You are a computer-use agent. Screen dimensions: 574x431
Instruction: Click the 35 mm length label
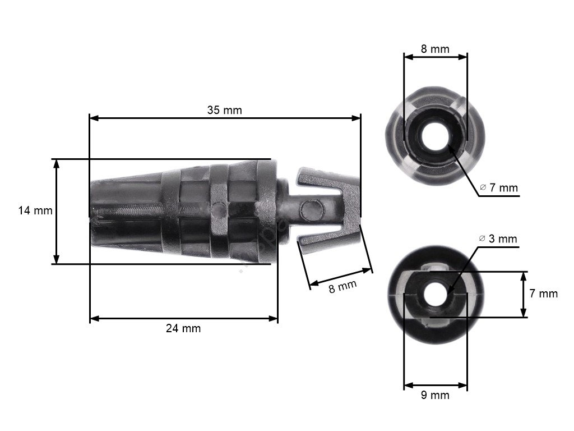click(x=224, y=110)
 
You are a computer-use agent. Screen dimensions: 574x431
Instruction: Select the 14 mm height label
click(x=35, y=210)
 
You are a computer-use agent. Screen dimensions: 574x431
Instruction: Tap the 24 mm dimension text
click(x=183, y=328)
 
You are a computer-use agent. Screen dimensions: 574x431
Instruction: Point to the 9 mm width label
click(x=435, y=395)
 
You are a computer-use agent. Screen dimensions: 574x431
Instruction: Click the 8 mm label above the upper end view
click(x=435, y=49)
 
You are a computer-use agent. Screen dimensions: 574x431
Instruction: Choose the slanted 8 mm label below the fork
click(x=342, y=286)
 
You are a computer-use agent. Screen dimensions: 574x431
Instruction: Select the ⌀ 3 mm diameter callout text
click(x=498, y=239)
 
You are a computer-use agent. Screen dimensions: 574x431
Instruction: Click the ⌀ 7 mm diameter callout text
click(x=499, y=187)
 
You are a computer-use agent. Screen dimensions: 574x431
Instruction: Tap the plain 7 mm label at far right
click(x=544, y=293)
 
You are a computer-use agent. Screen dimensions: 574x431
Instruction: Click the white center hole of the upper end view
click(x=435, y=136)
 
